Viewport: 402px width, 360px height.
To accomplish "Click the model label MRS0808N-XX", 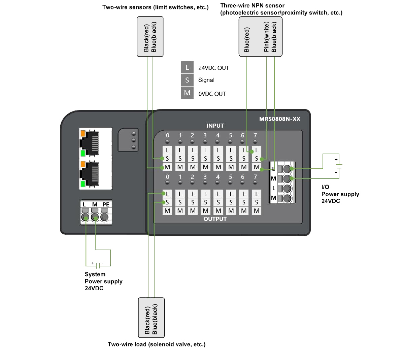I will point(279,119).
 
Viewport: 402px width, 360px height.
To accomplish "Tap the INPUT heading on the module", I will point(215,126).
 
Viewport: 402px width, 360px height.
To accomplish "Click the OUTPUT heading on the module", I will point(215,219).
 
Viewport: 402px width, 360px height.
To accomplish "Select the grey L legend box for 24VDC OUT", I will point(187,67).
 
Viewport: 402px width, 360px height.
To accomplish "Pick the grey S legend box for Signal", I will point(187,80).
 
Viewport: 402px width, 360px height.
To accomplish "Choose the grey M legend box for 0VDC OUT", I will point(187,93).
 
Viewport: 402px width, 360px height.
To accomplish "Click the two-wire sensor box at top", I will point(150,37).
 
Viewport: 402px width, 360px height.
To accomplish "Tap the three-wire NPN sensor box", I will point(260,37).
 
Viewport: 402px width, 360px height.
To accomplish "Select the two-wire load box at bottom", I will point(152,318).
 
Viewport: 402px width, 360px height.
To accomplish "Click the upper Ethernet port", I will point(91,142).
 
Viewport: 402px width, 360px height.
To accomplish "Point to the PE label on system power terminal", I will point(106,204).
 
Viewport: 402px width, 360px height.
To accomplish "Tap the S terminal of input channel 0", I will point(167,158).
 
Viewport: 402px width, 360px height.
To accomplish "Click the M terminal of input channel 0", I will point(167,167).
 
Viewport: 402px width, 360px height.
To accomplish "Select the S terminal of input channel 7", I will point(257,158).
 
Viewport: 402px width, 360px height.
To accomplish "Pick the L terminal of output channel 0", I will point(167,194).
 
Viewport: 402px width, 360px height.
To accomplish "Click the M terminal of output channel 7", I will point(257,211).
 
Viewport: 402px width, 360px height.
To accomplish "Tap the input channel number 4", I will point(218,135).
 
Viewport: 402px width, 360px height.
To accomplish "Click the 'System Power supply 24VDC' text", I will point(103,281).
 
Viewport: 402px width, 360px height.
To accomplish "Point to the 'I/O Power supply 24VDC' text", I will point(340,194).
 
